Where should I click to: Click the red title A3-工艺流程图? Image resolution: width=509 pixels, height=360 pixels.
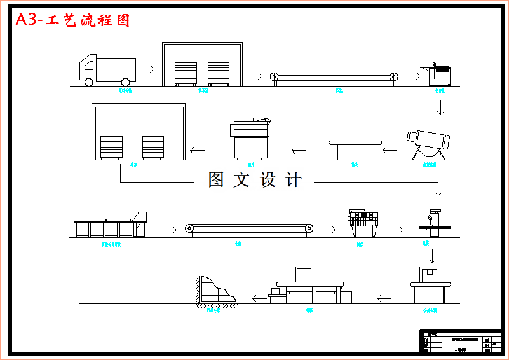pos(72,20)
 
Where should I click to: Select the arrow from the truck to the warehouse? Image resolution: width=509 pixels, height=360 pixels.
pos(146,68)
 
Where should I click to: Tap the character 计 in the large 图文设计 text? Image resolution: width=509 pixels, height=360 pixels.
pos(294,180)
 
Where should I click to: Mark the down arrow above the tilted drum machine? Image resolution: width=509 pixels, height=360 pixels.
pos(440,107)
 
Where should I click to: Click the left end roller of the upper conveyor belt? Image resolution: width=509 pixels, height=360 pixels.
pos(275,77)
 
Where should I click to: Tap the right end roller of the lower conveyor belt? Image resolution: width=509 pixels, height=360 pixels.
pos(309,228)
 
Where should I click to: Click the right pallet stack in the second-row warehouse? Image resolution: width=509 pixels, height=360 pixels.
pos(153,147)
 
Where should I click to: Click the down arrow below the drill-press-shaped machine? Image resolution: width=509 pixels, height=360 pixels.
pos(433,255)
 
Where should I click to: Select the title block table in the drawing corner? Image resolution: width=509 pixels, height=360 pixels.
pos(460,342)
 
